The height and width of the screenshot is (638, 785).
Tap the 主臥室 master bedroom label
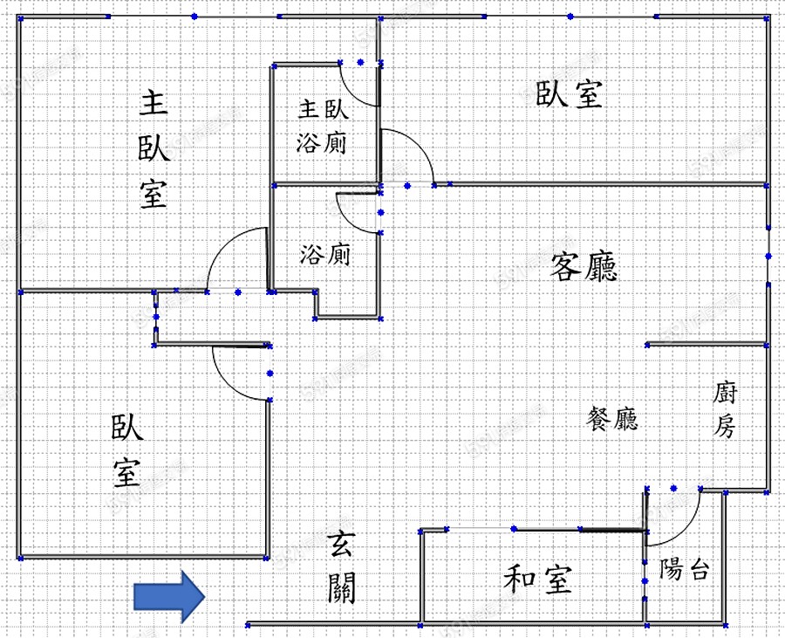pyautogui.click(x=154, y=149)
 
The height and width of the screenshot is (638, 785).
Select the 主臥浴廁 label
pyautogui.click(x=323, y=126)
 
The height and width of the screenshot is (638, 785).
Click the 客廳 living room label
pyautogui.click(x=584, y=266)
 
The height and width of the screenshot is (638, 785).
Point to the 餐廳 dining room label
pyautogui.click(x=612, y=419)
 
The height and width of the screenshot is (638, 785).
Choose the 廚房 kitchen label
pyautogui.click(x=725, y=409)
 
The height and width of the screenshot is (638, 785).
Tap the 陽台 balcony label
pyautogui.click(x=685, y=570)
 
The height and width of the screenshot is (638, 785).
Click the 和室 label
pyautogui.click(x=538, y=580)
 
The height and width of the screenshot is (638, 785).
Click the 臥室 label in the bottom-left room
pyautogui.click(x=127, y=450)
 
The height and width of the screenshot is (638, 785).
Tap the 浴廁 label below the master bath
pyautogui.click(x=324, y=255)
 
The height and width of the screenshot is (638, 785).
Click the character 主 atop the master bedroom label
pyautogui.click(x=154, y=104)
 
